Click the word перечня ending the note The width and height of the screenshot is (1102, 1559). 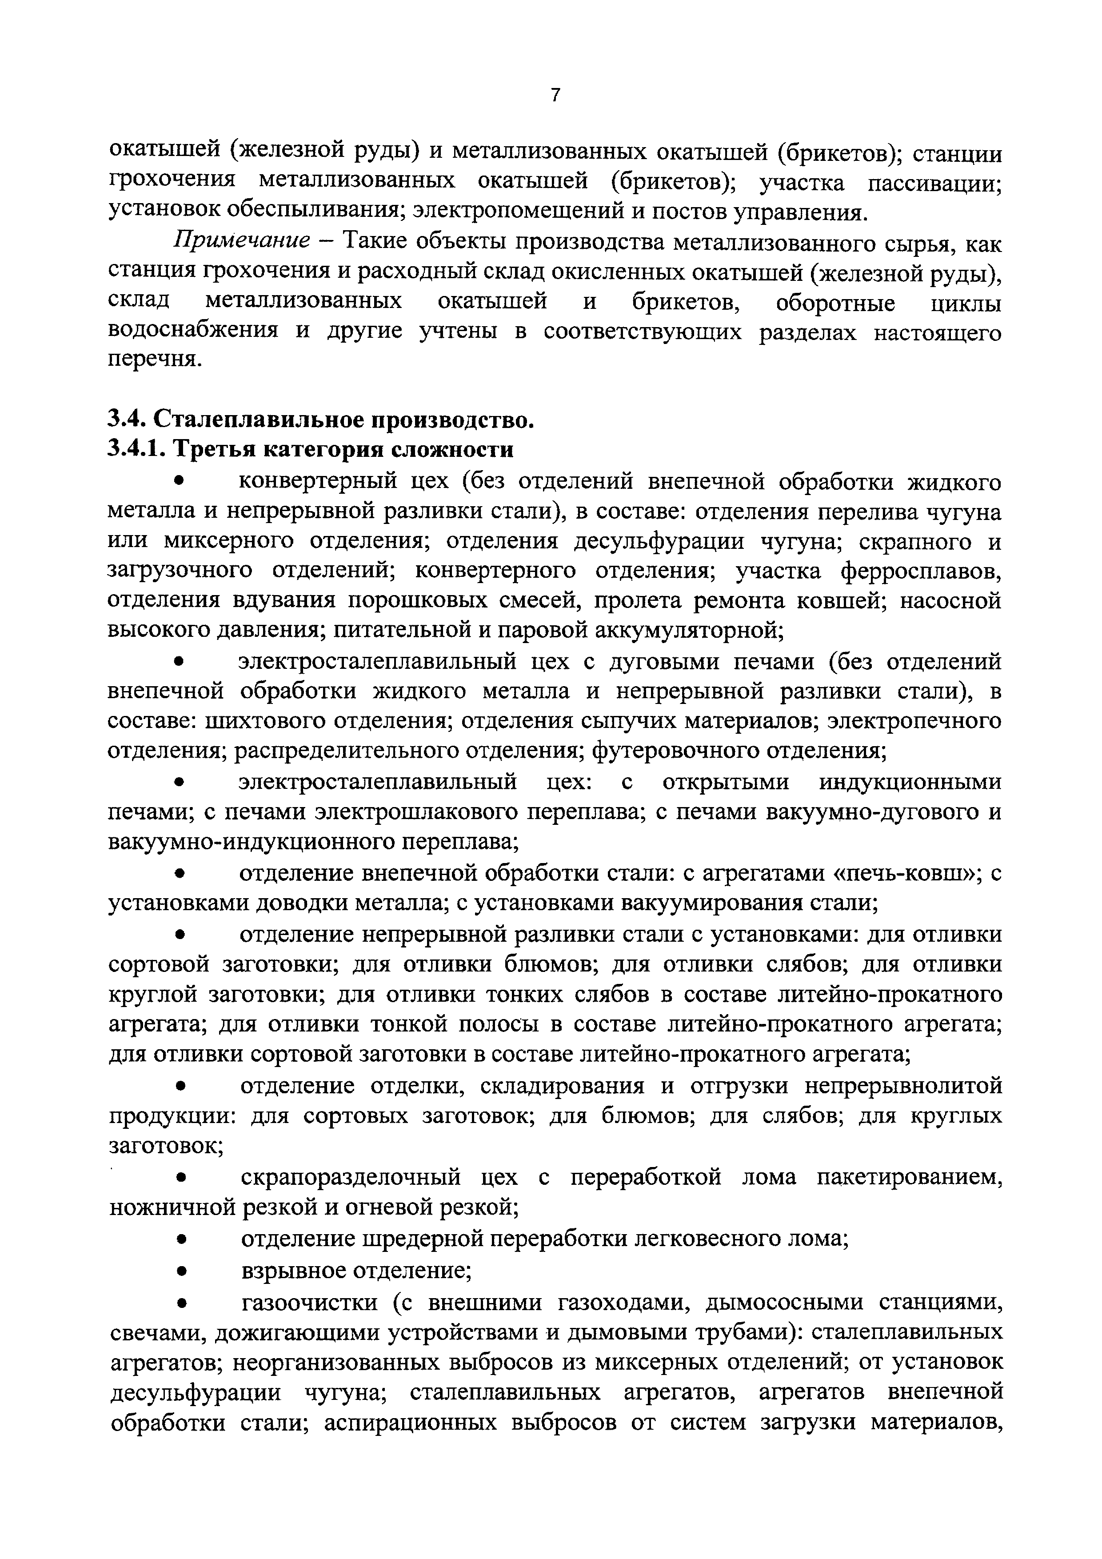(155, 360)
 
